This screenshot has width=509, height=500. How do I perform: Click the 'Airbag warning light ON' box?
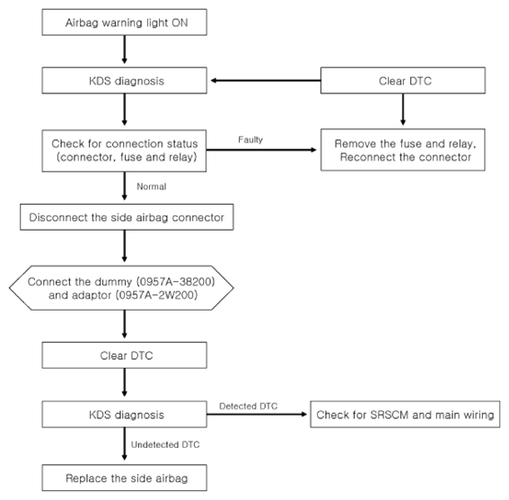pos(124,22)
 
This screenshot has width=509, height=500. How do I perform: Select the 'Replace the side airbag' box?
pos(124,478)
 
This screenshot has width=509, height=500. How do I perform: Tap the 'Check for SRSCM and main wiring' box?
pos(405,415)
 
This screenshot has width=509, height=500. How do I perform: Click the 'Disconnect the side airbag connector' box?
pos(127,217)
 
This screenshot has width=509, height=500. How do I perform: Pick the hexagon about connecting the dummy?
pos(121,288)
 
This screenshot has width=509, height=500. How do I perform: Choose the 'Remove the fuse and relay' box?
pos(403,150)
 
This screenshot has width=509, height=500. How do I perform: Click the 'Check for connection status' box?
pos(124,151)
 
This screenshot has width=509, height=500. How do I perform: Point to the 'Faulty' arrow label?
pos(250,140)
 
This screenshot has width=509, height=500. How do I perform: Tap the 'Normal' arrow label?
pos(152,187)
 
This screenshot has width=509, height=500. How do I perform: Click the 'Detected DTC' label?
pos(249,406)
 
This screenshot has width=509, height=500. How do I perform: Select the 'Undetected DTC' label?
pos(165,444)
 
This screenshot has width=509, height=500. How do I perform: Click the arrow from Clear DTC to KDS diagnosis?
pos(266,81)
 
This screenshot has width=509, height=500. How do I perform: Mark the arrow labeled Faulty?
pos(261,150)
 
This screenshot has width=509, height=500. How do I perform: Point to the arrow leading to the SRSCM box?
pos(257,414)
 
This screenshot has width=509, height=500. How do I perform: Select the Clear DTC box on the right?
pos(403,81)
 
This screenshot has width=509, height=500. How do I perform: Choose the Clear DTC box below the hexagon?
pos(124,355)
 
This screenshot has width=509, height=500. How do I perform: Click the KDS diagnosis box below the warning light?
pos(124,81)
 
